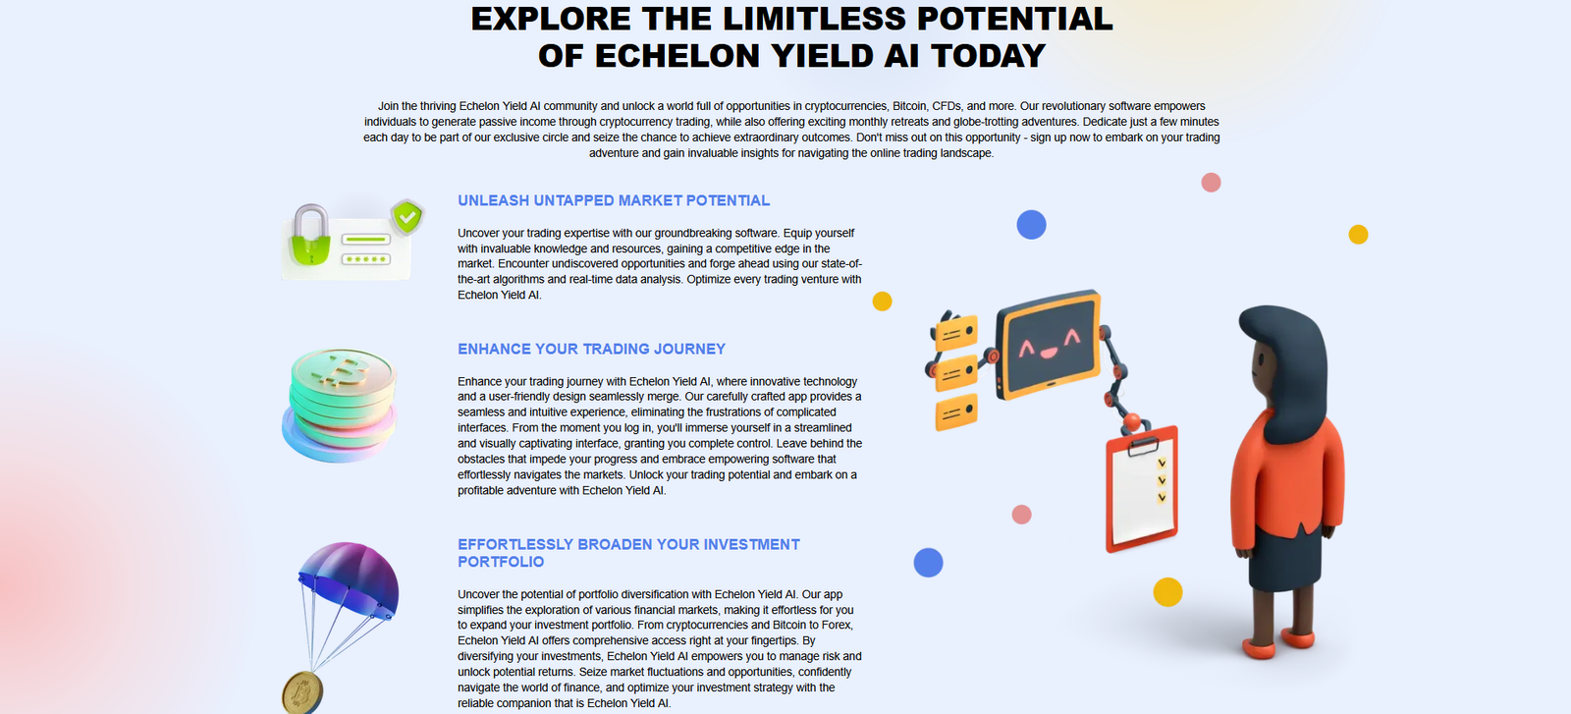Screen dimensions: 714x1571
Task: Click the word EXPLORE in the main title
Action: [551, 19]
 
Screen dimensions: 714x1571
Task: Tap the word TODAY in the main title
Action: [988, 56]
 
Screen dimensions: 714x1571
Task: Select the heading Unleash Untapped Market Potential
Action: [614, 200]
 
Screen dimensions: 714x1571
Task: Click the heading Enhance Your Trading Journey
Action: [591, 349]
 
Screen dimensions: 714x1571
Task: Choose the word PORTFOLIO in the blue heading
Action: [501, 562]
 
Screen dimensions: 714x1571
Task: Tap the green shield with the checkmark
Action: [406, 216]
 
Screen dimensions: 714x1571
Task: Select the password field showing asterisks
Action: [365, 259]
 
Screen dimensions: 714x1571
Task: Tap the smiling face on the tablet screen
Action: [1048, 345]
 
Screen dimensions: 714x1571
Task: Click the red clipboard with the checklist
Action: [1142, 488]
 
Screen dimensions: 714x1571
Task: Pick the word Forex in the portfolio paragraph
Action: [837, 626]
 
